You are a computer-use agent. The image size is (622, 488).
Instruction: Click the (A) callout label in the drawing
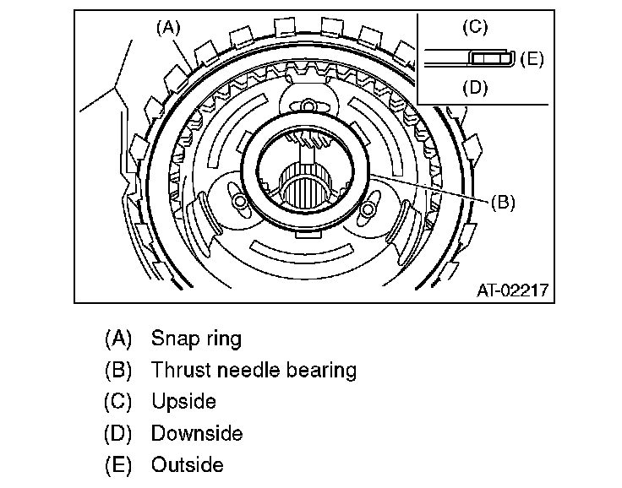click(x=168, y=28)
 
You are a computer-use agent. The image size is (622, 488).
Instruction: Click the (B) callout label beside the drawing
click(x=503, y=202)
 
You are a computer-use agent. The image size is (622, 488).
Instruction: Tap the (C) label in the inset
click(x=475, y=27)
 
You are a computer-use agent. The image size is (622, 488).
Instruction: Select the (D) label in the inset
click(x=475, y=88)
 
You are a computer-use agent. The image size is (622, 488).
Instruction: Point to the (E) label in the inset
click(x=532, y=59)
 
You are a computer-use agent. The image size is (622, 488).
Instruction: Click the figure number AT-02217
click(x=512, y=290)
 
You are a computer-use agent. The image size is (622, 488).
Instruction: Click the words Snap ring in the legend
click(x=196, y=339)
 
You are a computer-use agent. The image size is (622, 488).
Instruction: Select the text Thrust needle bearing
click(x=254, y=371)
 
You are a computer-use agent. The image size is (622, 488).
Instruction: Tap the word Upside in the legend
click(x=183, y=402)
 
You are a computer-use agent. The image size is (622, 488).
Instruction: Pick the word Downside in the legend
click(x=197, y=433)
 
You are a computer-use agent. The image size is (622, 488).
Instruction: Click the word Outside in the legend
click(x=188, y=464)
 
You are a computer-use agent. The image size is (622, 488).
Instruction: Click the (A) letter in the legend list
click(x=118, y=339)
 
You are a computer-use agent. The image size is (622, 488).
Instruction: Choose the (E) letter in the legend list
click(x=118, y=465)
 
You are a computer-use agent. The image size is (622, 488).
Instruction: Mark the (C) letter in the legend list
click(x=118, y=402)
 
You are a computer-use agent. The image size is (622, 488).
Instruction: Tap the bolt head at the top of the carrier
click(x=307, y=106)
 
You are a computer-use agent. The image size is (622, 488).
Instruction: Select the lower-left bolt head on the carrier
click(x=240, y=202)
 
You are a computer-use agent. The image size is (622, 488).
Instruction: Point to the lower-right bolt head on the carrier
click(x=368, y=209)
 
